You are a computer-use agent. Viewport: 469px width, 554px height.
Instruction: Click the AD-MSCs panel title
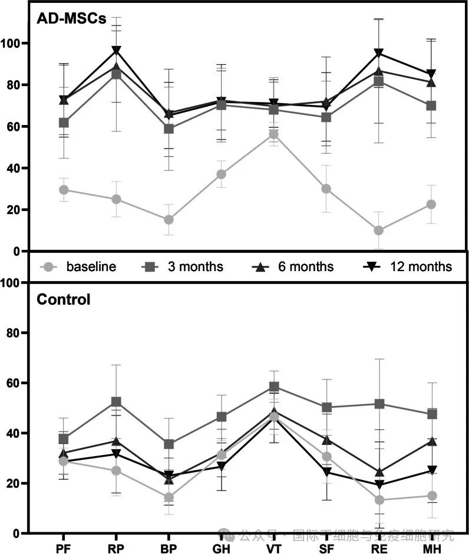(71, 18)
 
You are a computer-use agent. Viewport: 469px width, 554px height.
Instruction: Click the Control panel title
(64, 299)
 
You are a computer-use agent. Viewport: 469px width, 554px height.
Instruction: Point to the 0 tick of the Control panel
(22, 533)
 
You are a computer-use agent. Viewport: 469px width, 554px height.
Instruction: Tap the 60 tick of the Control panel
(19, 383)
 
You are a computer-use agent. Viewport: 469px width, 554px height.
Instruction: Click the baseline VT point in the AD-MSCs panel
(273, 134)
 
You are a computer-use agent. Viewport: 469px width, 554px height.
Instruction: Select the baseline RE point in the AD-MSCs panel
(378, 230)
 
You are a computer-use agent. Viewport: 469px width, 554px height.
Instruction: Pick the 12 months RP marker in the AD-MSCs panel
(117, 50)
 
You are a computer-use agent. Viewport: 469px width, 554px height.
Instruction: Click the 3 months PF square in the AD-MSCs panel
(64, 123)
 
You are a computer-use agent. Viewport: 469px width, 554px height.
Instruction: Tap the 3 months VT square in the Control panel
(273, 387)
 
